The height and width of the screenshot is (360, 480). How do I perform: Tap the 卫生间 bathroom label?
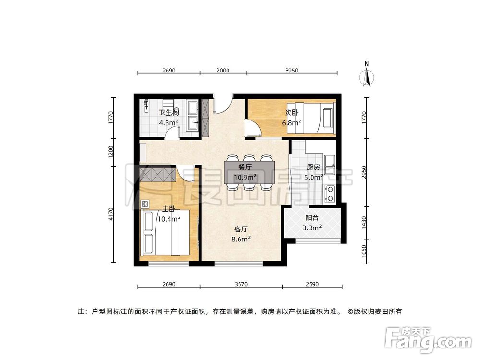(169, 113)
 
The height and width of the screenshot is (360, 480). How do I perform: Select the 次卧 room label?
(291, 113)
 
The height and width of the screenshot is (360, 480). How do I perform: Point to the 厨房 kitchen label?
(314, 168)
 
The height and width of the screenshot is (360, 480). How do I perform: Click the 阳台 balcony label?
(312, 217)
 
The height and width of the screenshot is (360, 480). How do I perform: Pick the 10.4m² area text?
(168, 219)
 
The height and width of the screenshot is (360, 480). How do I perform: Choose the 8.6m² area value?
(241, 238)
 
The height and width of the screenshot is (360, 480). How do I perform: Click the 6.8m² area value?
(291, 122)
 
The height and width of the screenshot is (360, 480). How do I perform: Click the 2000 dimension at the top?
(223, 70)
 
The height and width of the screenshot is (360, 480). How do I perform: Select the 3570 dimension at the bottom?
(241, 284)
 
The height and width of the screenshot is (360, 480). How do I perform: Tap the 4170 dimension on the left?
(111, 214)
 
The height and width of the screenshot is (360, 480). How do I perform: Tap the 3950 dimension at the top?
(292, 70)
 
